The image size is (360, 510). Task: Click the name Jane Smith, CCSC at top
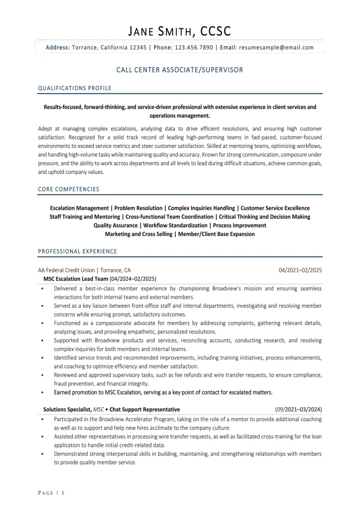click(x=180, y=32)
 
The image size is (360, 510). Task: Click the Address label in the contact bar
click(x=58, y=48)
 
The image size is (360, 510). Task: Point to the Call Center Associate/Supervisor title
click(x=180, y=70)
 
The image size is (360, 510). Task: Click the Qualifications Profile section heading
click(x=75, y=88)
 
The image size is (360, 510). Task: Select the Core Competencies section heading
click(x=69, y=189)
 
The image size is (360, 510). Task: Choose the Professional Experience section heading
click(x=78, y=252)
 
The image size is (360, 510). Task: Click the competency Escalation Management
click(x=80, y=208)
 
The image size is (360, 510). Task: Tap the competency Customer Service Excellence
click(x=275, y=208)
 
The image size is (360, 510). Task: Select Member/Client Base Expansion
click(x=216, y=234)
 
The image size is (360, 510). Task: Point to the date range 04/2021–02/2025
click(x=300, y=270)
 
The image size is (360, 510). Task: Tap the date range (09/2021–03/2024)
click(x=298, y=409)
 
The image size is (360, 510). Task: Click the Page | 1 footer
click(x=51, y=493)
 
